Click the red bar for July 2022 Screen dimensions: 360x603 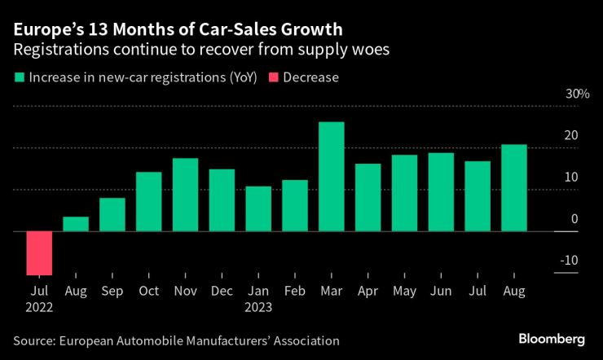pos(39,253)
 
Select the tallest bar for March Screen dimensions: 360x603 pos(331,177)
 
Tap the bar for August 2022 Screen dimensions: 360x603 pos(76,224)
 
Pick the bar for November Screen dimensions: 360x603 pos(185,195)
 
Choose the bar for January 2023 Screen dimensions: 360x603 pos(258,209)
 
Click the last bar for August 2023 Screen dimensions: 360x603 pos(513,188)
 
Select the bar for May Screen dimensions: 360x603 pos(404,193)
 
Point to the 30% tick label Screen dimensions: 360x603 pos(578,94)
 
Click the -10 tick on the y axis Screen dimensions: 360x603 pos(570,261)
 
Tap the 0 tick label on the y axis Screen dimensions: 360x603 pos(574,219)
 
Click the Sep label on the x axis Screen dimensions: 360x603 pos(112,291)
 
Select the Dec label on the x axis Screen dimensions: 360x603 pos(222,291)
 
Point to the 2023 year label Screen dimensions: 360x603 pos(258,308)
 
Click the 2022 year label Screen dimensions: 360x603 pos(40,308)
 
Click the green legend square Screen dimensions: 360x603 pos(18,78)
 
